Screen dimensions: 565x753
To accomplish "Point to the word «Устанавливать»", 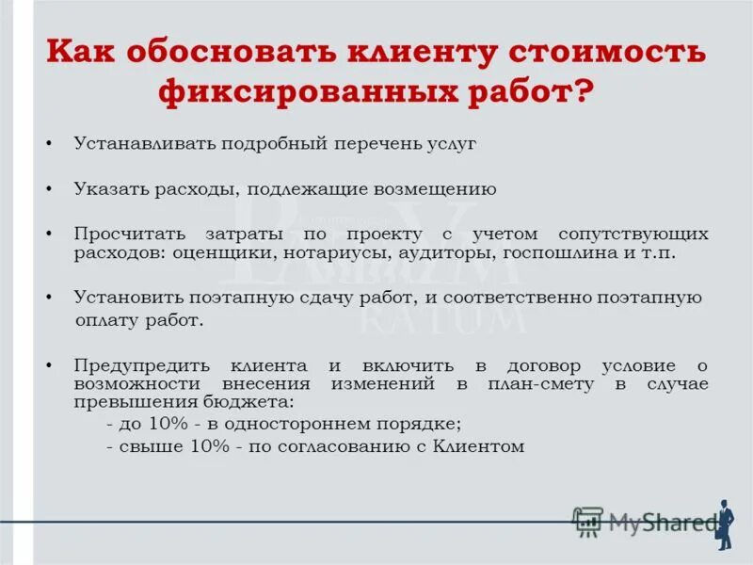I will (x=145, y=144).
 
